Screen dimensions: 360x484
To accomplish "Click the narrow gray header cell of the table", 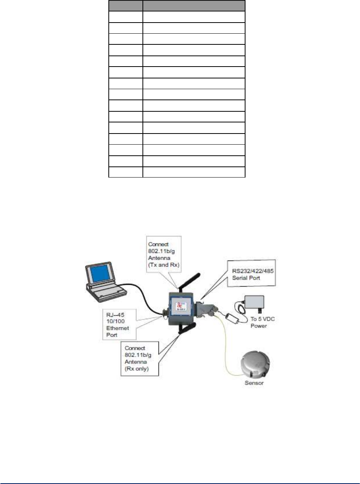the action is tap(126, 5).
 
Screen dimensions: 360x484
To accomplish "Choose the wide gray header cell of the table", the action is tap(194, 5).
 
